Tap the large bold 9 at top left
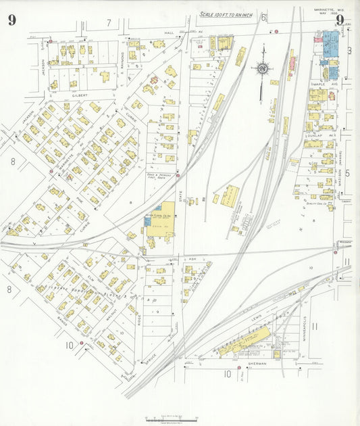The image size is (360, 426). click(11, 20)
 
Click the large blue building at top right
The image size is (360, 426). click(330, 43)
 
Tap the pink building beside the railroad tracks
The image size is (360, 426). click(292, 64)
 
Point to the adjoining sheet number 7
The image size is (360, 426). click(108, 22)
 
